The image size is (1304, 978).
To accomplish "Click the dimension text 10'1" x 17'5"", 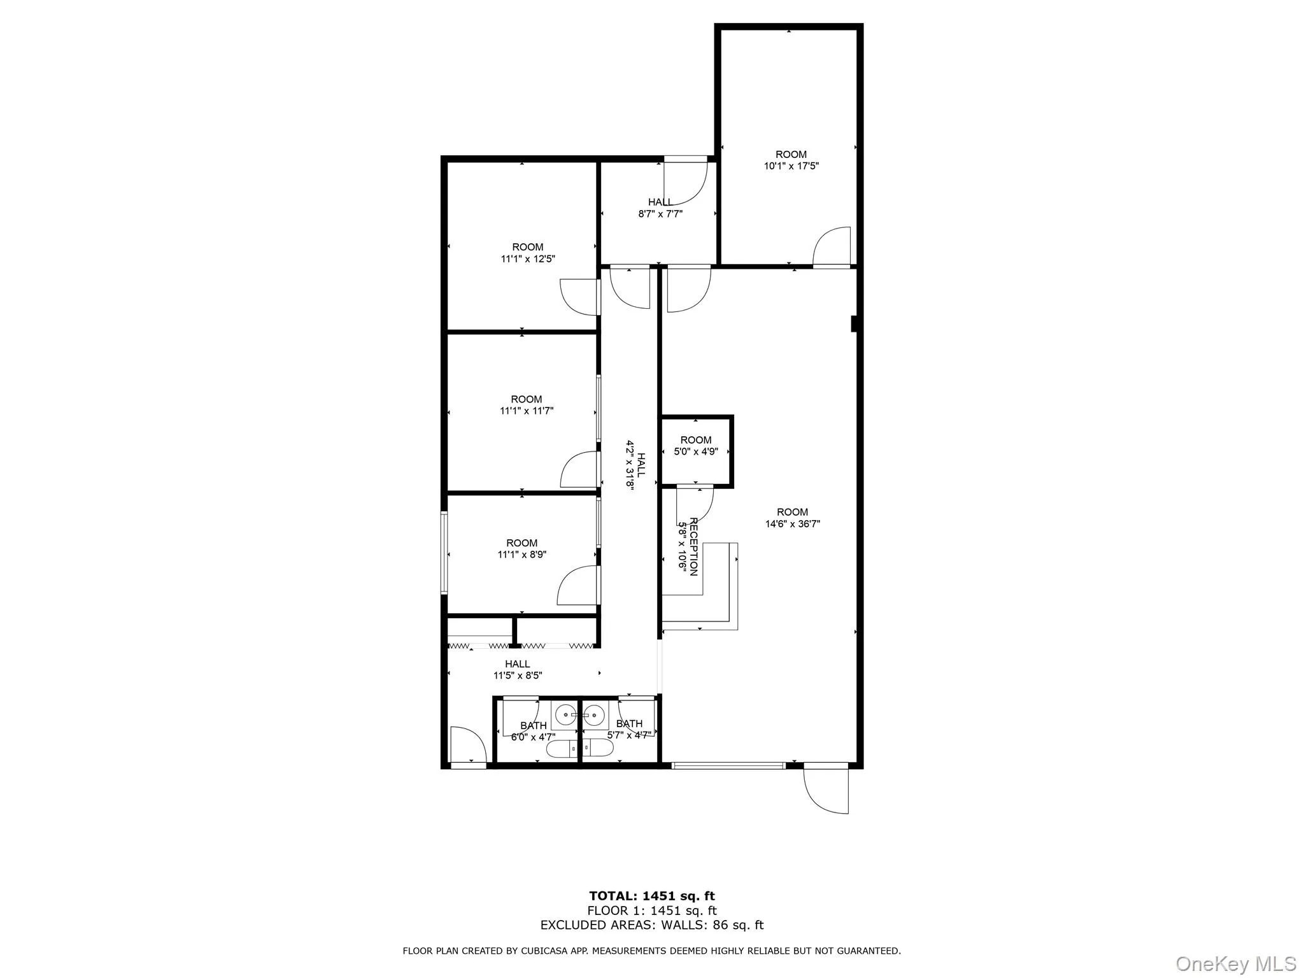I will (791, 166).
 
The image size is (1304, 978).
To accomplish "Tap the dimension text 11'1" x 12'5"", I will (528, 259).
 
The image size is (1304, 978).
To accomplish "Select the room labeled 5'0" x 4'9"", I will (696, 451).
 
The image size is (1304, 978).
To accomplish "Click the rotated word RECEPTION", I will (694, 547).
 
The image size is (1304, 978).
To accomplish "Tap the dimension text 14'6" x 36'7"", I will (792, 524).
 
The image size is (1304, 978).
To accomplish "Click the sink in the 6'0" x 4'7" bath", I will (565, 716).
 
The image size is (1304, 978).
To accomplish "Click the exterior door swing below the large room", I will (826, 790).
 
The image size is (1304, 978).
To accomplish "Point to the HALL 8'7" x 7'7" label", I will (660, 208).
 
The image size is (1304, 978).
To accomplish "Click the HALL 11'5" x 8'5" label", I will (518, 670).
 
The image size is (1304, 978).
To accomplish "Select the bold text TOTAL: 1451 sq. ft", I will (651, 896).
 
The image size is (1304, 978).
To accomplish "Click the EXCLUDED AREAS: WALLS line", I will (651, 925).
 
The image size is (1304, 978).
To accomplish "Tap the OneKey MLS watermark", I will (1235, 963).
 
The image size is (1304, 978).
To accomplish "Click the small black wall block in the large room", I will (855, 324).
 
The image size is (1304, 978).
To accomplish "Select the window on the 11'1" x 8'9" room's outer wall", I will (444, 553).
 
